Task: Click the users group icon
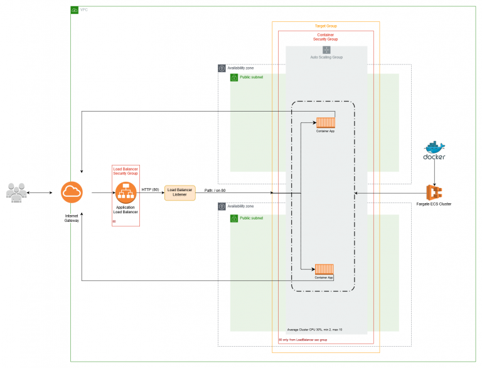[x=17, y=192]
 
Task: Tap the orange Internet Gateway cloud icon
[x=72, y=192]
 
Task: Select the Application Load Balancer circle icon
[x=126, y=192]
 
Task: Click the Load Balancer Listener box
[x=180, y=192]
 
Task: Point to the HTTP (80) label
[x=151, y=189]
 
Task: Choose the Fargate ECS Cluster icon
[x=434, y=192]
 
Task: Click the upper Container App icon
[x=324, y=122]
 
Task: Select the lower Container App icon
[x=324, y=269]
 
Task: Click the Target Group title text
[x=325, y=26]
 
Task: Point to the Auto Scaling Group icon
[x=326, y=50]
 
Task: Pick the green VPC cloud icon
[x=75, y=10]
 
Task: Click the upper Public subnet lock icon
[x=234, y=77]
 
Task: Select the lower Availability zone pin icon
[x=222, y=206]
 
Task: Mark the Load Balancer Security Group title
[x=126, y=172]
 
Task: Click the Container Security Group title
[x=326, y=37]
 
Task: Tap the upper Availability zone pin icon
[x=222, y=68]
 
